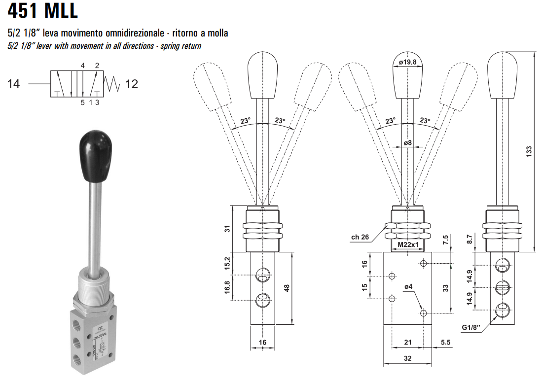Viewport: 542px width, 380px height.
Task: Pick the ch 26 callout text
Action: pos(360,237)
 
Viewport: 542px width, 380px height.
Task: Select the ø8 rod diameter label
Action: pos(408,143)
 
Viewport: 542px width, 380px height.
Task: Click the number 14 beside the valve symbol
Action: pos(14,84)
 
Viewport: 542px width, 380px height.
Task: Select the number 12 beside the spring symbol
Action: pos(132,84)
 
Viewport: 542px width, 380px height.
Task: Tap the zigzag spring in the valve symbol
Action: pos(113,84)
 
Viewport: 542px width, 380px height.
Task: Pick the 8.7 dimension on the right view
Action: pos(470,240)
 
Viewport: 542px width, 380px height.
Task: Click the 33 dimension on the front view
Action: pos(445,288)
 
